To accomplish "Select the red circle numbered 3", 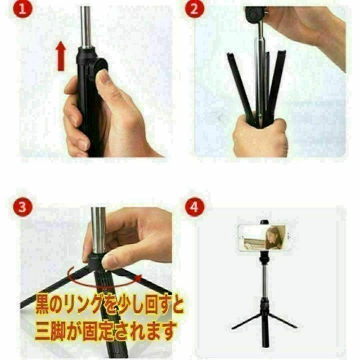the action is pyautogui.click(x=23, y=207).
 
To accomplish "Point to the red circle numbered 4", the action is pyautogui.click(x=194, y=207).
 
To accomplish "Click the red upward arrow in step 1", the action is pyautogui.click(x=61, y=56).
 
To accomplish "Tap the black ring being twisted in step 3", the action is pyautogui.click(x=96, y=262).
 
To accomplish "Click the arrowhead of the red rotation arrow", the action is pyautogui.click(x=138, y=278).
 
